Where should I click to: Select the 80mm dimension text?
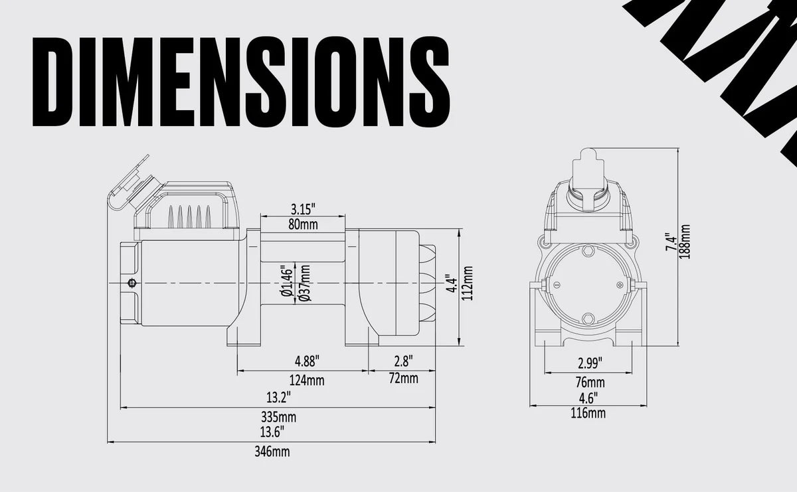pos(302,224)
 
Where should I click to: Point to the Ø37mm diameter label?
pos(305,284)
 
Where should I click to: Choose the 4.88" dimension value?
pos(307,362)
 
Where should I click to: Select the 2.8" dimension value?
pos(403,362)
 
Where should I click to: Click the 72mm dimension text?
pos(404,379)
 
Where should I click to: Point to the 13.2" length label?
pos(278,398)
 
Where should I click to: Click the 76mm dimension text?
pos(590,382)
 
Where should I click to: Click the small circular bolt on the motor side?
pos(133,284)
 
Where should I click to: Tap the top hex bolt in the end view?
pos(588,252)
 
